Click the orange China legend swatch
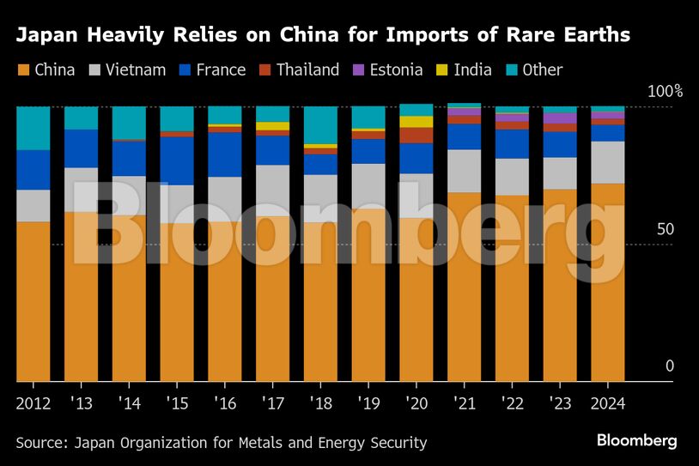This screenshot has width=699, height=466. [x=23, y=70]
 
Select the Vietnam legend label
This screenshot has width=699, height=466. [x=135, y=70]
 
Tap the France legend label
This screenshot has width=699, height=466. [x=221, y=70]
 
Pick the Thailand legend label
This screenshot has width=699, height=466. [x=307, y=70]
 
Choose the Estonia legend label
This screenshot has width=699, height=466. [x=397, y=70]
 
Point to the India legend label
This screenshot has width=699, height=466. [x=472, y=70]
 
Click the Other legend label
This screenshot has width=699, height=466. [x=542, y=70]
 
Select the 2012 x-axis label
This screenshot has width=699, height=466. [x=33, y=403]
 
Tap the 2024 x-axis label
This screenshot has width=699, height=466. [x=608, y=403]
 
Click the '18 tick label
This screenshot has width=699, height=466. [x=321, y=403]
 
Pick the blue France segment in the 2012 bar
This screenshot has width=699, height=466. [x=33, y=170]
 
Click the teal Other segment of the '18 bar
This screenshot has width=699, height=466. [x=321, y=125]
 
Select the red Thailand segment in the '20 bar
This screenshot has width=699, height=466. [x=416, y=136]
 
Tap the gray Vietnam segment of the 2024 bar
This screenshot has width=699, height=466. [x=608, y=162]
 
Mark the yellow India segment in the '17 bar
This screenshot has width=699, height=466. [x=273, y=126]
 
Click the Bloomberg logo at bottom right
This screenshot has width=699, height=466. [x=636, y=441]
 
